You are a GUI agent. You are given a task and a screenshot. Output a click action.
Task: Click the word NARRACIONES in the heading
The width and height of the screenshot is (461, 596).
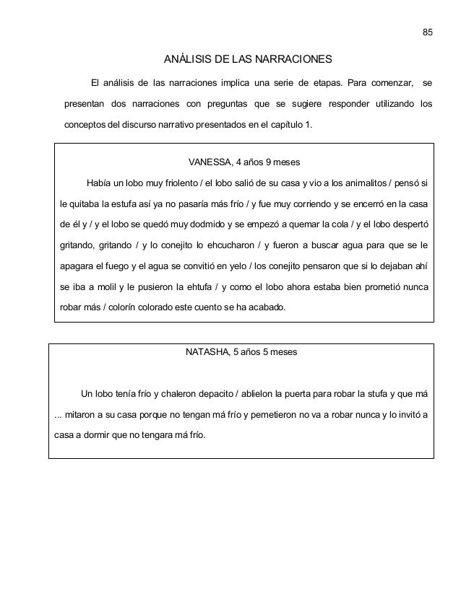point(296,58)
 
